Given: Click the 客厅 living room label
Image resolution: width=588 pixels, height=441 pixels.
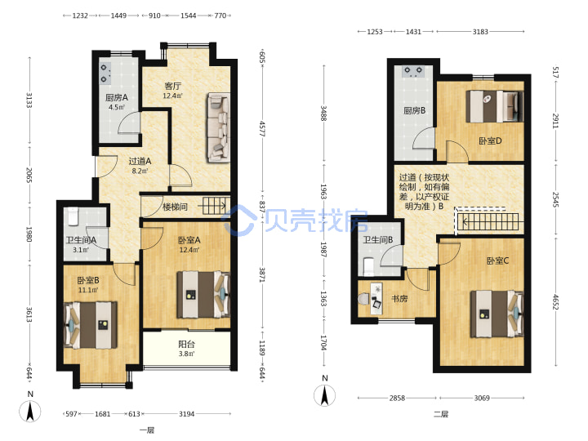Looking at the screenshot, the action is point(173,86).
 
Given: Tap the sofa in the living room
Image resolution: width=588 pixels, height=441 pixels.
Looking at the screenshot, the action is point(218,128).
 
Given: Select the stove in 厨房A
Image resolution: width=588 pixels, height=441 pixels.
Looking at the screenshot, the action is point(105,73).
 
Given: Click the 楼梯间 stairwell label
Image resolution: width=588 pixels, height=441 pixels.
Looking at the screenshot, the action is point(175,207).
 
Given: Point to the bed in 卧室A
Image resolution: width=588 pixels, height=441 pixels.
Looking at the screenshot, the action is point(203,295).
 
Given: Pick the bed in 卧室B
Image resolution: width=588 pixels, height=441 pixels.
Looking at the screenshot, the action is point(91,325).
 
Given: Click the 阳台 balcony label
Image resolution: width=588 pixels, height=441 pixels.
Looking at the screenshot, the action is point(186,344).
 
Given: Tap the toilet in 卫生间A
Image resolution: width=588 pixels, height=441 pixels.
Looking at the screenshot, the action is point(73,216).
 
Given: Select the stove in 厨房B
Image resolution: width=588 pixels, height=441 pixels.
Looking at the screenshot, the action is point(413,72).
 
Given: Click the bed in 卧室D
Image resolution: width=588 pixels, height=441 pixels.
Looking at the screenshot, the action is point(494,106).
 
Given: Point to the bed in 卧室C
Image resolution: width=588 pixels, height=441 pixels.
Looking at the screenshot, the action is point(497,314).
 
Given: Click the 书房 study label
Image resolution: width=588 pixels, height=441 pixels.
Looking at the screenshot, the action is point(399,299).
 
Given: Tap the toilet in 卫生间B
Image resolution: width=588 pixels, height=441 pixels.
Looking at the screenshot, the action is point(369,265).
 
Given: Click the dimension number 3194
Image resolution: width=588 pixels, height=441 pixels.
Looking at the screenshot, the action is point(186,414).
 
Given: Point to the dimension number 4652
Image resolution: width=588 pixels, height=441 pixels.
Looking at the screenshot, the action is point(556,302).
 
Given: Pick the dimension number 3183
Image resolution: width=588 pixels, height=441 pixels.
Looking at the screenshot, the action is point(480,32).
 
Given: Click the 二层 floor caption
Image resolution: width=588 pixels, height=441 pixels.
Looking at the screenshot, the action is point(441,414).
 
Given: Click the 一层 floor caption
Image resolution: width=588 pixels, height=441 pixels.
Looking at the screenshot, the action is point(147,430).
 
